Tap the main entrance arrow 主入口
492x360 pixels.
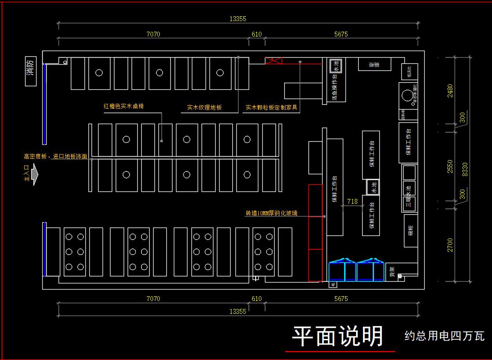coord(33,174)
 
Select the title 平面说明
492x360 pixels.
coord(338,336)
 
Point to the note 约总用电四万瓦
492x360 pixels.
coord(444,336)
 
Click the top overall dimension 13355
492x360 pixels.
coord(238,18)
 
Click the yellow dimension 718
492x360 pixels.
coord(352,202)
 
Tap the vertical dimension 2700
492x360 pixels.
coord(450,245)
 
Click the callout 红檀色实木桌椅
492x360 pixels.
coord(124,106)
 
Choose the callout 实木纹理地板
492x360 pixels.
coord(204,107)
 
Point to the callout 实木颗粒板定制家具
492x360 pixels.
coord(272,107)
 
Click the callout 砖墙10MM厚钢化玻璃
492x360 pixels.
coord(272,213)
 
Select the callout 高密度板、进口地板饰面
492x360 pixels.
coord(55,156)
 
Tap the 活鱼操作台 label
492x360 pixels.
coord(335,90)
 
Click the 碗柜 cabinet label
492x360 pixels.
coord(410,231)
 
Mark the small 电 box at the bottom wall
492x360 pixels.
coord(333,286)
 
